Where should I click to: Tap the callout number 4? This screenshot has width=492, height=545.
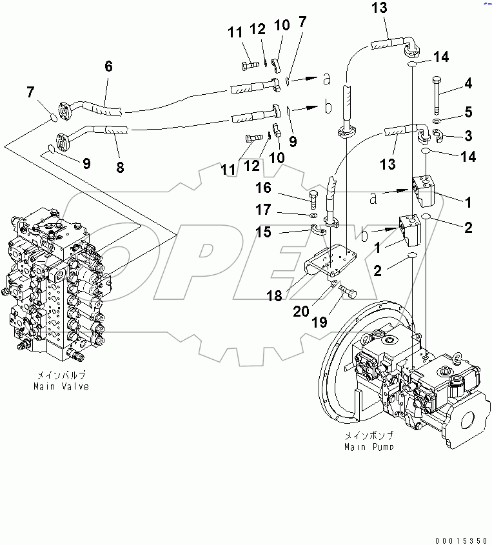click(468, 83)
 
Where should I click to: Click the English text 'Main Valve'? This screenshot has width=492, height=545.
click(61, 386)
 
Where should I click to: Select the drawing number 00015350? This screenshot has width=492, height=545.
click(460, 537)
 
